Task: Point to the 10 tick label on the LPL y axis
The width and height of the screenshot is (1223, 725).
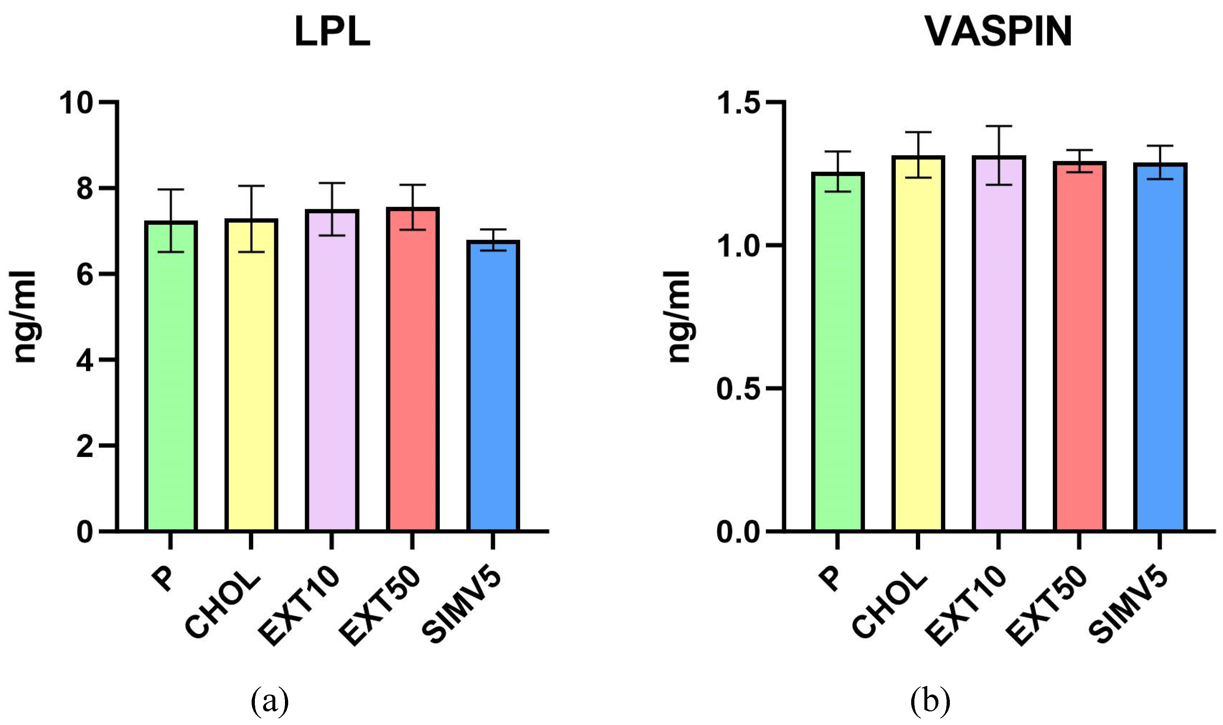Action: pos(76,103)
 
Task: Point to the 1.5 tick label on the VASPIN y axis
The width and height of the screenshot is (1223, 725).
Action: pos(738,103)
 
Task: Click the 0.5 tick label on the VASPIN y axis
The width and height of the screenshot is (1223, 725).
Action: pos(738,389)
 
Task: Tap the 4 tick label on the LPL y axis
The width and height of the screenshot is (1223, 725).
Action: pos(85,361)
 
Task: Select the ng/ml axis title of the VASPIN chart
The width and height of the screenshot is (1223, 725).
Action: pos(679,317)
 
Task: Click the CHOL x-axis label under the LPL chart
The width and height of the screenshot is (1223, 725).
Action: pos(222,604)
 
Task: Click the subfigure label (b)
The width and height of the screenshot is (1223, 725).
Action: pos(930,702)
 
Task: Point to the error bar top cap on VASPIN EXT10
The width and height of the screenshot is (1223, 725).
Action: pos(998,126)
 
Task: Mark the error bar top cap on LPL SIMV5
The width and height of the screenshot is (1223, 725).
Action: pos(493,229)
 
